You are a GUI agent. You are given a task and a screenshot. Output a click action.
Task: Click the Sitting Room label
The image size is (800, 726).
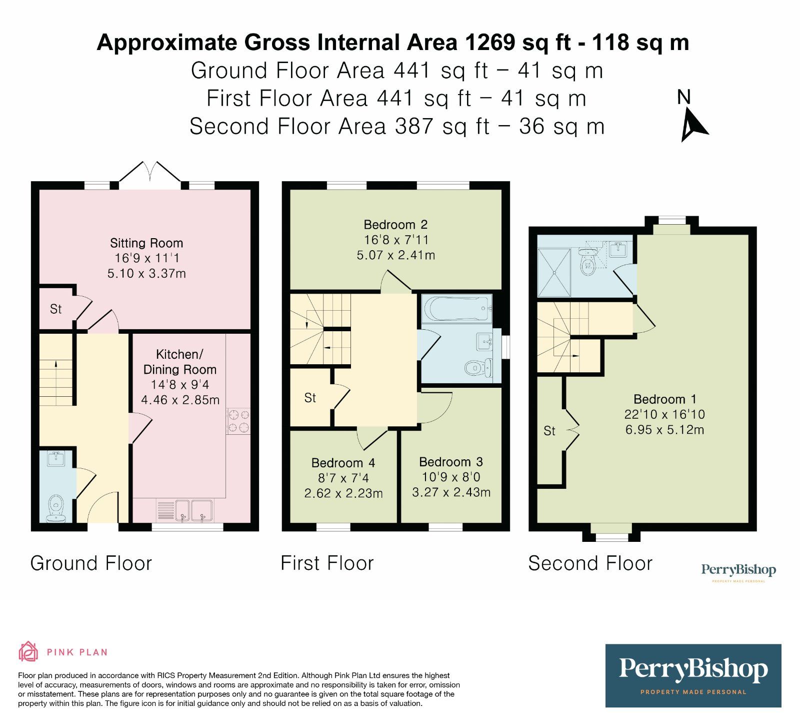(146, 243)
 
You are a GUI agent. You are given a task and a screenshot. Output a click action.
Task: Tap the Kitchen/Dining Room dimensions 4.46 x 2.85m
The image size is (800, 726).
(180, 400)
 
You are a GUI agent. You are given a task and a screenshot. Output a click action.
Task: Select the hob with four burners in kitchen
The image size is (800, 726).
(238, 421)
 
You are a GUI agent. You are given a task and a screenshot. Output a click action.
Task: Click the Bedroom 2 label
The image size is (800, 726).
(395, 225)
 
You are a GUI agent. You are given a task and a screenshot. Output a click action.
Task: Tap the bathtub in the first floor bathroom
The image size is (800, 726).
(456, 308)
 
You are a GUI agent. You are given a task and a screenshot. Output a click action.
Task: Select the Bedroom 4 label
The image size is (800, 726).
(343, 463)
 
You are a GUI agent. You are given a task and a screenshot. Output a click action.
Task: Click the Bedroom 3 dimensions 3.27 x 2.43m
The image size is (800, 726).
(451, 492)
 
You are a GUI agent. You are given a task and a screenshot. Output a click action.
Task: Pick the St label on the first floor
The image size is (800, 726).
(310, 398)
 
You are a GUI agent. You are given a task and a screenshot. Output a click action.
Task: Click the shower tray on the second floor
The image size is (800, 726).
(553, 273)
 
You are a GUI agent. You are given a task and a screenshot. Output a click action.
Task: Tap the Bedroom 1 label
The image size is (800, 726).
(664, 399)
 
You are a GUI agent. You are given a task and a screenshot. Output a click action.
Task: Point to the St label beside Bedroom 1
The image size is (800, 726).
(549, 431)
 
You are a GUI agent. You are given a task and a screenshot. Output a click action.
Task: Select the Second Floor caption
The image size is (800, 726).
(590, 563)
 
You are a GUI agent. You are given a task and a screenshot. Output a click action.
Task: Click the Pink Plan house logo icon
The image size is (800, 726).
(28, 651)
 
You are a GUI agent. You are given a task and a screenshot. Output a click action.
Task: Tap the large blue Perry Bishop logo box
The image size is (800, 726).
(693, 675)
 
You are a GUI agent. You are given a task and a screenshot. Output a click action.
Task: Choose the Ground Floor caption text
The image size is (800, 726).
(91, 563)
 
